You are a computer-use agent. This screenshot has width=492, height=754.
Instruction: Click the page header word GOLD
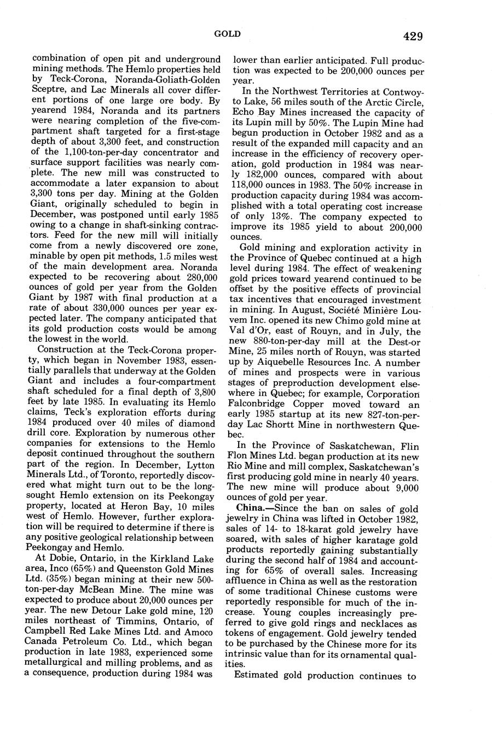[227, 34]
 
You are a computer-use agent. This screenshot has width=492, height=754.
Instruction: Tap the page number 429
[413, 37]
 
